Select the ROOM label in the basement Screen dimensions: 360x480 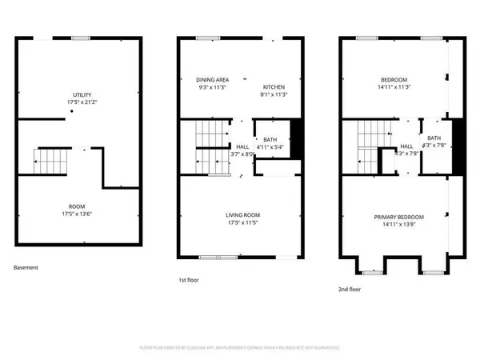tap(78, 206)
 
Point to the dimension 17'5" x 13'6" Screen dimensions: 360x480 tap(78, 214)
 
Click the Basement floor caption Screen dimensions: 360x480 tap(26, 268)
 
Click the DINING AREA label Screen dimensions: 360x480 tap(213, 79)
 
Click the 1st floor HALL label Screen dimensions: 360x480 tap(242, 146)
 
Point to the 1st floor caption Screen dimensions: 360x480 tap(190, 281)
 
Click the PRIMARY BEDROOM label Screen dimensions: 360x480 tap(398, 217)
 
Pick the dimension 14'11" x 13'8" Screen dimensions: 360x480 tap(398, 225)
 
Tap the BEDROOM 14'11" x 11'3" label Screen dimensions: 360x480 tap(394, 79)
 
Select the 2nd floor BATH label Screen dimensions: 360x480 tap(433, 138)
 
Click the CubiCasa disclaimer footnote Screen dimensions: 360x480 tap(240, 348)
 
